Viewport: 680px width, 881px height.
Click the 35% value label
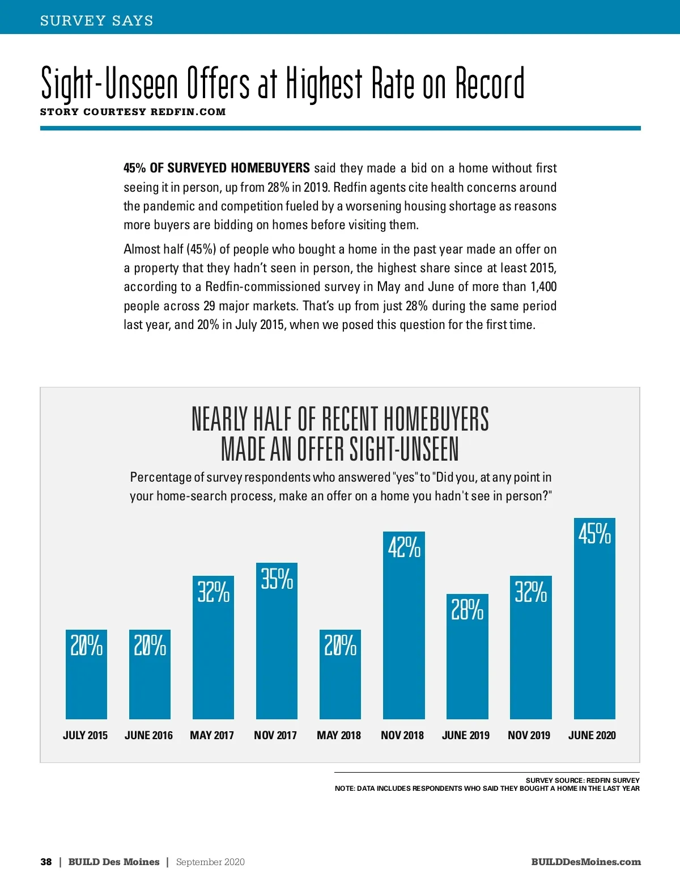coord(277,579)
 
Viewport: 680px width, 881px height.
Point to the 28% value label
coord(467,610)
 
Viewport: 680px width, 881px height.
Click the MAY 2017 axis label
coord(212,735)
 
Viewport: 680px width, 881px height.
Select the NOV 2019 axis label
coord(529,735)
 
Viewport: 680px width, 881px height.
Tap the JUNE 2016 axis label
coord(148,735)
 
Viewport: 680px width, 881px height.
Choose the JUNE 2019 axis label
coord(465,735)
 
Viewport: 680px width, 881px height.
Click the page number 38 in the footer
coord(46,862)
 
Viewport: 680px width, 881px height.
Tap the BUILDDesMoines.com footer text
coord(586,862)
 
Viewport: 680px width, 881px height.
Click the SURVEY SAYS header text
coord(97,21)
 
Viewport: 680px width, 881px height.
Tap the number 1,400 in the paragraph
coord(543,287)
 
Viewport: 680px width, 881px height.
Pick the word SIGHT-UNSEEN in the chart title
coord(403,449)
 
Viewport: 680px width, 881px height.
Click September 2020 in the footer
coord(210,862)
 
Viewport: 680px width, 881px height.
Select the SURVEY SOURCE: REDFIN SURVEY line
coord(583,781)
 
